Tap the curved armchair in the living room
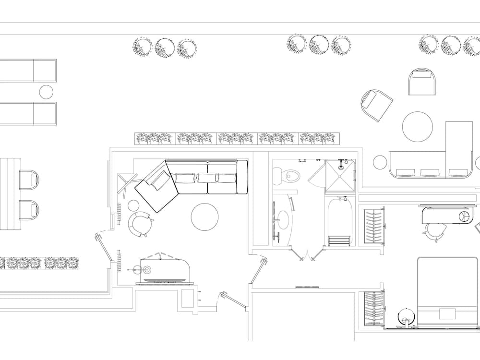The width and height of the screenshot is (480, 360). pyautogui.click(x=139, y=224)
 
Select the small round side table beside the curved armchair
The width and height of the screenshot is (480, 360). pyautogui.click(x=133, y=206)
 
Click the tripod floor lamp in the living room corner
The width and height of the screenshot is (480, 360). pyautogui.click(x=125, y=185)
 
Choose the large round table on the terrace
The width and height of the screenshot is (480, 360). pyautogui.click(x=418, y=127)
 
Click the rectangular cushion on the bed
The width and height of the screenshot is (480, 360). pyautogui.click(x=448, y=313)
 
